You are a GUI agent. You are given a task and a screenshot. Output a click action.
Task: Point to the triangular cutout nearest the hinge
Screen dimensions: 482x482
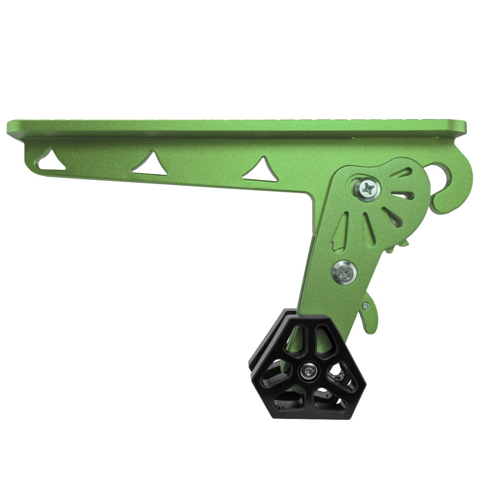[261, 169]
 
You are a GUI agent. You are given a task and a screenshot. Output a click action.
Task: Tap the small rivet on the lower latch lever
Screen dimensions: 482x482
[365, 306]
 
